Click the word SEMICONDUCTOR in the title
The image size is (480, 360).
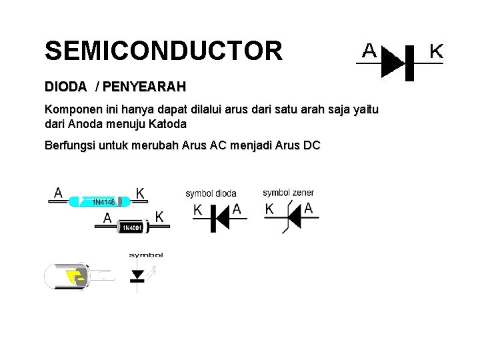(163, 51)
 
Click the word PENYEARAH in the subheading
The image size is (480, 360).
(145, 87)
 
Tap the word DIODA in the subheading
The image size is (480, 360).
(65, 87)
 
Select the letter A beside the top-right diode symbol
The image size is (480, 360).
(369, 50)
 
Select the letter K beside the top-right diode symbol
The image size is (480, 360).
(436, 50)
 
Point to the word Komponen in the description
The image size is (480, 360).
(71, 109)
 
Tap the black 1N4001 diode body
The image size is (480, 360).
(131, 227)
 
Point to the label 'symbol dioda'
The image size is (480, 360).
(211, 193)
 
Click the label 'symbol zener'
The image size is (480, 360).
(288, 193)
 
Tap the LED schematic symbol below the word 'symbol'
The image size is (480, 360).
(138, 274)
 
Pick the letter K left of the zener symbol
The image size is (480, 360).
(269, 209)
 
